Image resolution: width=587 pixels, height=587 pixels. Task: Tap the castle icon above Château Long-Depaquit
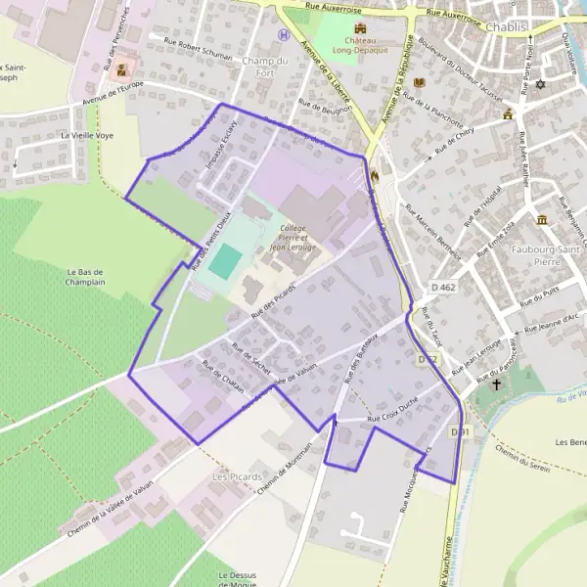[360, 28]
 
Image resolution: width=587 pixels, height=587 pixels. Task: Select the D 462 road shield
[441, 287]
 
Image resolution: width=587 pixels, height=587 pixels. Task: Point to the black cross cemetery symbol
[496, 384]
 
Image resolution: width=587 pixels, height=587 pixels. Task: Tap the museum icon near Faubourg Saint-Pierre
[542, 218]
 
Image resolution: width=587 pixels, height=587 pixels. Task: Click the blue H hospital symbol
[284, 34]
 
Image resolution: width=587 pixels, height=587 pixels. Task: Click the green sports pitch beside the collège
[226, 260]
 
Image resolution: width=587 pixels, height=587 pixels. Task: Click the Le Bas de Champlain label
[86, 276]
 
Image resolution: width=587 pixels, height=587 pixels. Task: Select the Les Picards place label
[237, 476]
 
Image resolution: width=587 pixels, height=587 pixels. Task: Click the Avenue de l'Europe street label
[113, 100]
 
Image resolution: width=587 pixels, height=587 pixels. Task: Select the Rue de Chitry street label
[454, 138]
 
